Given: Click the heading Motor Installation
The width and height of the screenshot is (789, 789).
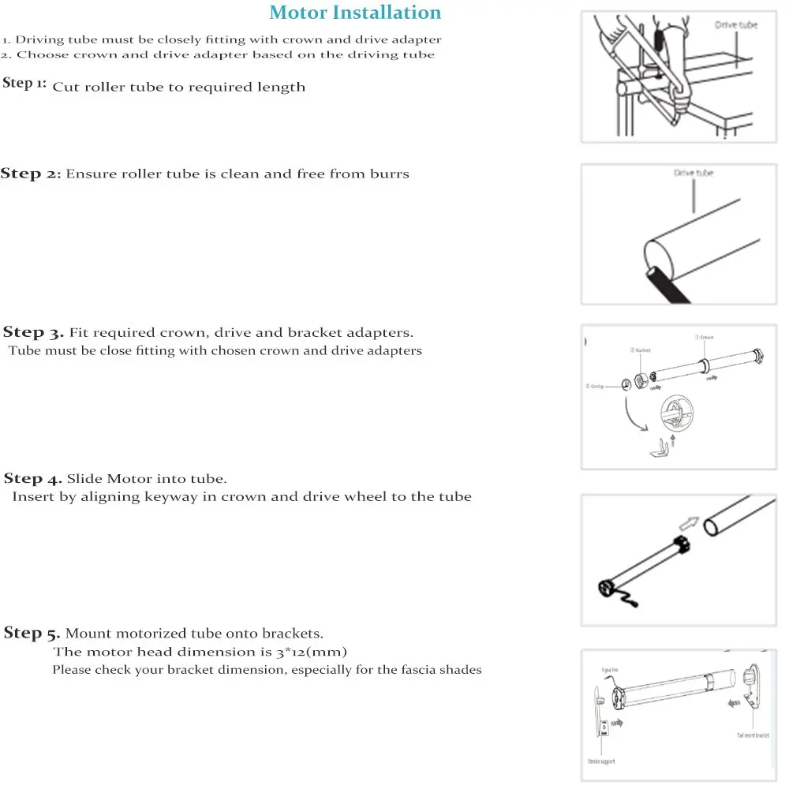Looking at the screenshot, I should pyautogui.click(x=355, y=13).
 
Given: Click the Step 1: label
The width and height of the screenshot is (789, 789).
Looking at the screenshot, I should pyautogui.click(x=24, y=84).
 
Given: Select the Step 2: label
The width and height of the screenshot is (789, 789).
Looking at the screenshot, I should pyautogui.click(x=31, y=174).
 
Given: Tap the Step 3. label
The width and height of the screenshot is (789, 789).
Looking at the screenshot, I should pyautogui.click(x=34, y=332).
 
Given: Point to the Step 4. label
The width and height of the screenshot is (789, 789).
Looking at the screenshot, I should pyautogui.click(x=33, y=478).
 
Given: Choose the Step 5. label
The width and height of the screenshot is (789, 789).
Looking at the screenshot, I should pyautogui.click(x=32, y=633).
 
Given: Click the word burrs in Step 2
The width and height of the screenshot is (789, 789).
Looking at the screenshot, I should pyautogui.click(x=390, y=174).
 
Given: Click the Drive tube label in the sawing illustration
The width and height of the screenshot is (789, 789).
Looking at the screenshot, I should pyautogui.click(x=735, y=25).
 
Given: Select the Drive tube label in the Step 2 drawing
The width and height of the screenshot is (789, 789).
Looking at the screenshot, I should pyautogui.click(x=694, y=173).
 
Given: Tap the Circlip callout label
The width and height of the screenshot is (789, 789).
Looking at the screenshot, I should pyautogui.click(x=595, y=386).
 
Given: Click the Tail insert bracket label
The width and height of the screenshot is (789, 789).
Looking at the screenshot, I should pyautogui.click(x=753, y=735).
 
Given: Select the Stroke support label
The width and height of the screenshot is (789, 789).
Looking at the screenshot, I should pyautogui.click(x=600, y=761).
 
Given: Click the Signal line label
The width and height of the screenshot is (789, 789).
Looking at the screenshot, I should pyautogui.click(x=610, y=670).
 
